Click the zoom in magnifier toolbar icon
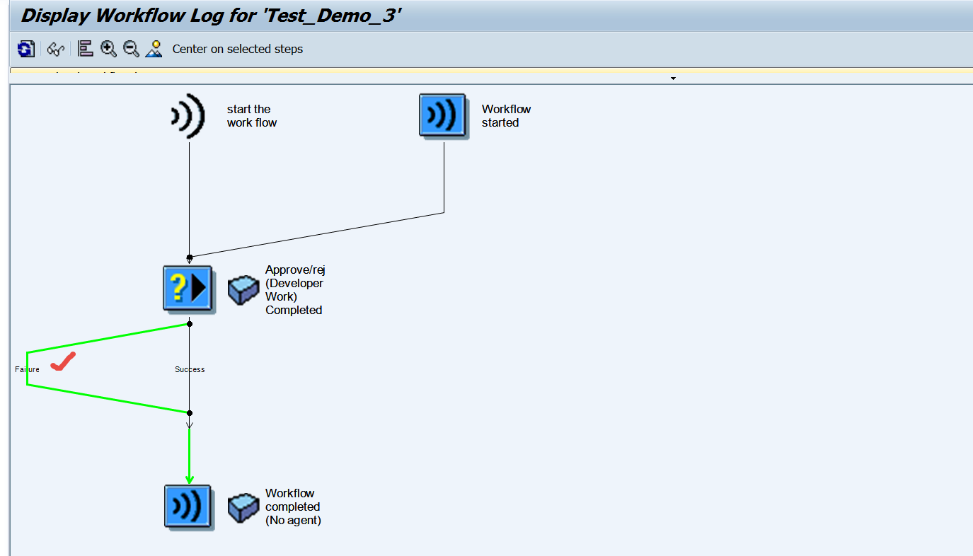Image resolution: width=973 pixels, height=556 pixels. click(108, 49)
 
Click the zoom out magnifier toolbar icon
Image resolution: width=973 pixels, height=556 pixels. click(131, 49)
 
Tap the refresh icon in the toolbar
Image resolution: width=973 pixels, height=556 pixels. click(26, 49)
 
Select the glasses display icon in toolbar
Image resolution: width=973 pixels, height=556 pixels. click(56, 49)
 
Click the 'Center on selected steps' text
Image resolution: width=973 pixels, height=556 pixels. click(237, 50)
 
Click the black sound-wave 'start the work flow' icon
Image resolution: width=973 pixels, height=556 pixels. click(188, 115)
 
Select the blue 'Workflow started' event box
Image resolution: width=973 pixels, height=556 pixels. click(443, 115)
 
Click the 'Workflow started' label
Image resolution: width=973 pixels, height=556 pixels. click(506, 116)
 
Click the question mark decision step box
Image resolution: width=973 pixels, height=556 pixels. click(188, 288)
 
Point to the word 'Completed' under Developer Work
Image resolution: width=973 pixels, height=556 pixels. click(294, 310)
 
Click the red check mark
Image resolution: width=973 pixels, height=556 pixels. click(64, 362)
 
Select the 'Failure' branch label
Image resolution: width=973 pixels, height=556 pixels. click(27, 369)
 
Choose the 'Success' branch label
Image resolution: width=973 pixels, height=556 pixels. click(190, 369)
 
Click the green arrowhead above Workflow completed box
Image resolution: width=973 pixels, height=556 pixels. click(189, 479)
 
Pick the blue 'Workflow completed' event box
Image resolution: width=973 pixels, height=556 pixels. click(188, 506)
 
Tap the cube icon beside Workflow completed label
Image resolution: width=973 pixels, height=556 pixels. click(243, 508)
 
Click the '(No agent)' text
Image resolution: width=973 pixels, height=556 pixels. click(293, 521)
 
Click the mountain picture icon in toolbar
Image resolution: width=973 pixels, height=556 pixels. click(154, 49)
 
